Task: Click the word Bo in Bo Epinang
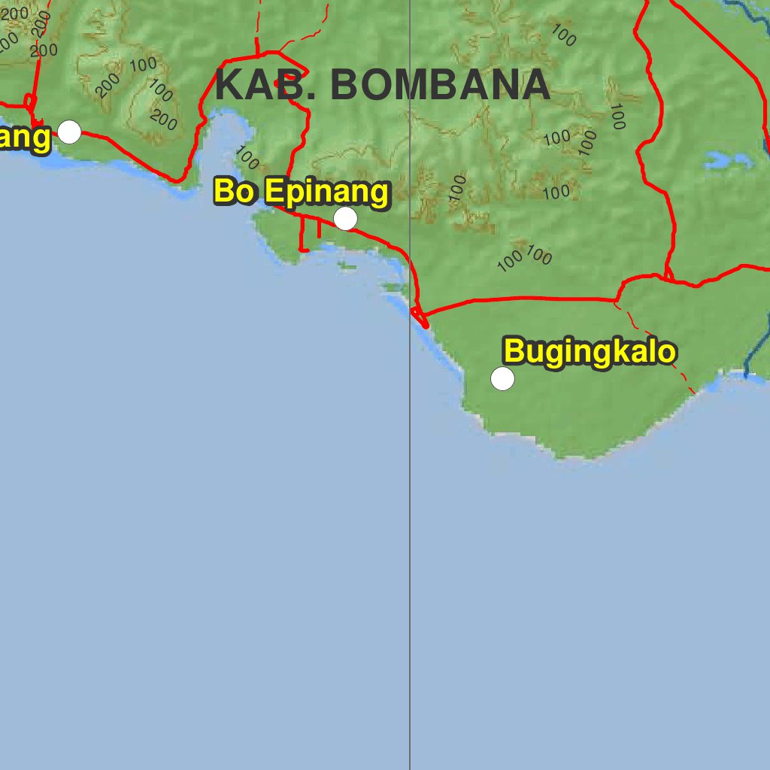point(235,192)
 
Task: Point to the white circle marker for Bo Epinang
point(345,218)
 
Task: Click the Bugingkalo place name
point(590,352)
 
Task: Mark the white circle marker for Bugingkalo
point(502,379)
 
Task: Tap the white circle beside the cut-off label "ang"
point(69,132)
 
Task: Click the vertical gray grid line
point(410,526)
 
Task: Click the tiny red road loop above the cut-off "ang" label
point(30,102)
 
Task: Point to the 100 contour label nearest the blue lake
point(617,117)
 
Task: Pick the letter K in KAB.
point(228,85)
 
